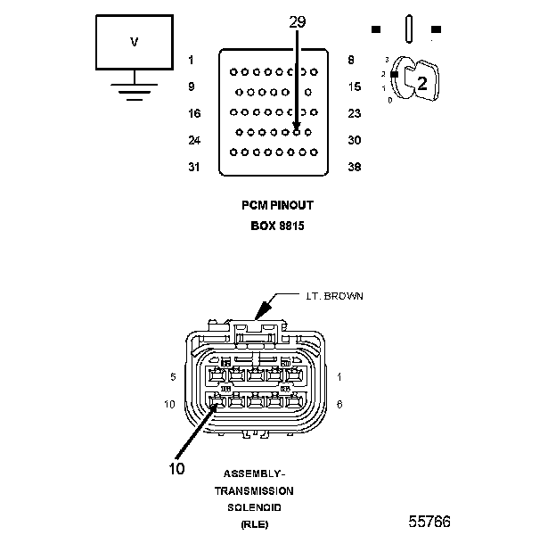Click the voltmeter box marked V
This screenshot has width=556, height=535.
[135, 43]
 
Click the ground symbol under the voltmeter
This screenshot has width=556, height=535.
[135, 90]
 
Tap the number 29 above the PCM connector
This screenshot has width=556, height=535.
[297, 21]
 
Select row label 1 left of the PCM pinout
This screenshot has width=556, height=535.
[191, 61]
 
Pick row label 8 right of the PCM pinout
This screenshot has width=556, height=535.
[352, 61]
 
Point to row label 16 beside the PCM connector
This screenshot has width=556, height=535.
[195, 113]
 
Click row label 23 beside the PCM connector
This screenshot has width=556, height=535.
[355, 113]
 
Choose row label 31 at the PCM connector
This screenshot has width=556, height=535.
[195, 167]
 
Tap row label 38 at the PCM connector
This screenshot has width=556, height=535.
[355, 167]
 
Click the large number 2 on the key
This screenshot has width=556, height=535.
[422, 84]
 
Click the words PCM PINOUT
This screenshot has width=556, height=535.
[278, 205]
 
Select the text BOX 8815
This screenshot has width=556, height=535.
[278, 226]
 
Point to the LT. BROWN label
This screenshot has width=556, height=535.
[329, 295]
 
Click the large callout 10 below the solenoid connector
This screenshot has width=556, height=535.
[177, 468]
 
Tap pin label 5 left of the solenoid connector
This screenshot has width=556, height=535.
[171, 377]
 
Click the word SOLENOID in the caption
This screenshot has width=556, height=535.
[253, 506]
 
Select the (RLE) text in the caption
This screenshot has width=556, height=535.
[253, 523]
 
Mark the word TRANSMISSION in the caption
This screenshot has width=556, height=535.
[253, 490]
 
